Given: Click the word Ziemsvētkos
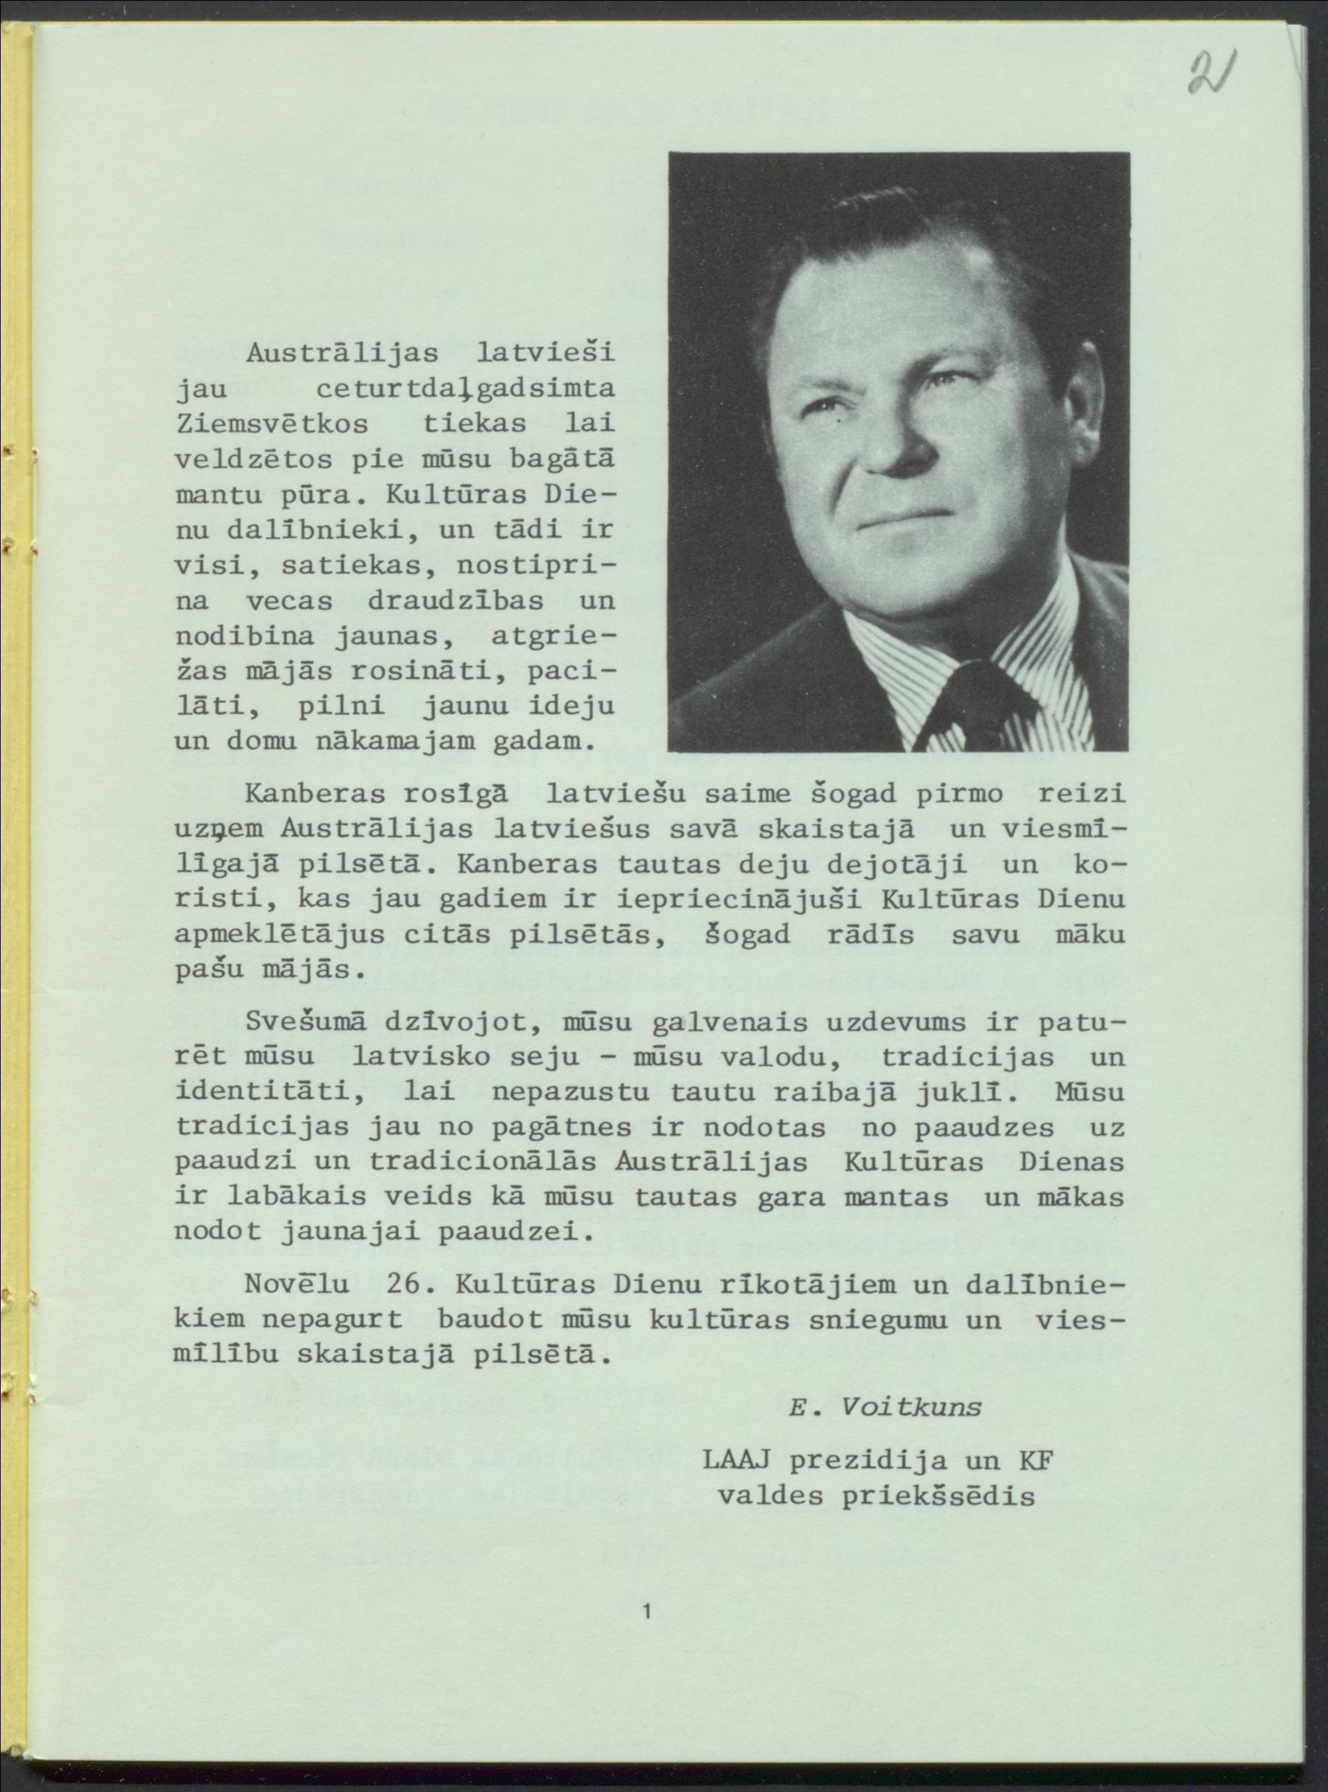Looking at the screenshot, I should [x=272, y=424].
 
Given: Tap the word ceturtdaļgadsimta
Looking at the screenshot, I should [x=465, y=390].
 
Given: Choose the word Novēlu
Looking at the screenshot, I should [x=297, y=1283].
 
